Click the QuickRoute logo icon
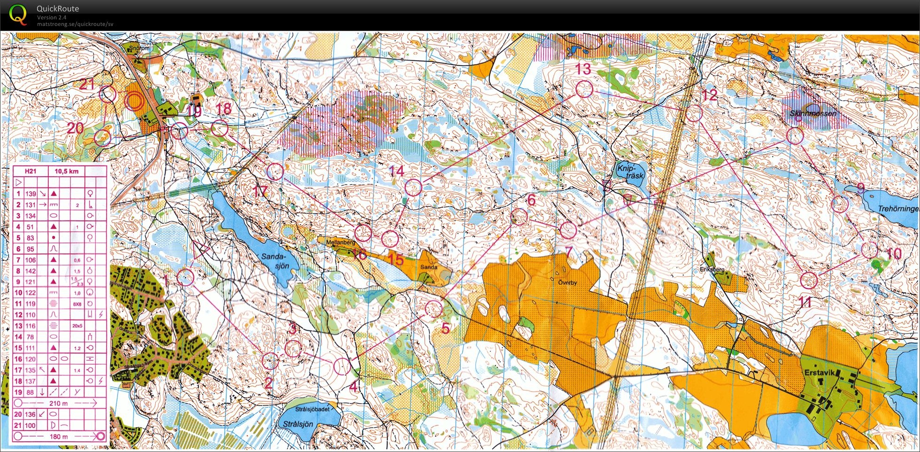18,14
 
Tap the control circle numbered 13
584,89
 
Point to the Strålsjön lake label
298,424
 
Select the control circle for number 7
568,230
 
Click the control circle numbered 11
808,280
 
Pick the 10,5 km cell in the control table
67,171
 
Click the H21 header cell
30,171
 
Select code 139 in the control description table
31,194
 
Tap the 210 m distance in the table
58,403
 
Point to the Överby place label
567,283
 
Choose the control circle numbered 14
413,187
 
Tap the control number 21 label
87,85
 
